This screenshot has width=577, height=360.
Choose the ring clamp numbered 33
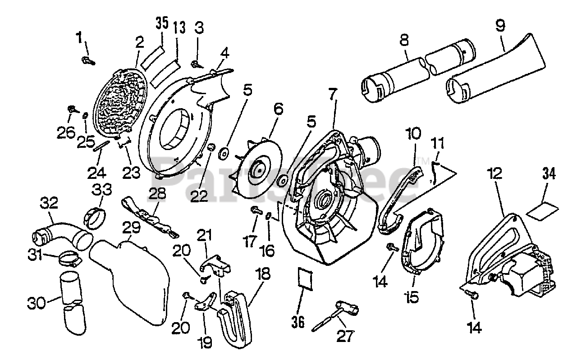(96, 218)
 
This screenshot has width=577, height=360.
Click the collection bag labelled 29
(131, 279)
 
